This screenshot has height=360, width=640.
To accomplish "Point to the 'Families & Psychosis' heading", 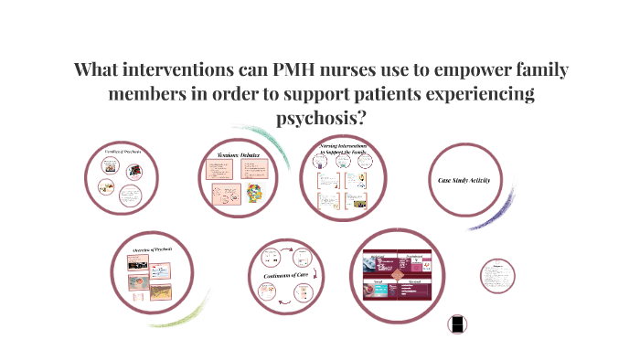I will click(x=121, y=152).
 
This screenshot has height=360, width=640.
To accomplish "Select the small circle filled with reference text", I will click(x=497, y=276).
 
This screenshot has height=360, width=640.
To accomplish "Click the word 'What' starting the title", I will click(x=99, y=71).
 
